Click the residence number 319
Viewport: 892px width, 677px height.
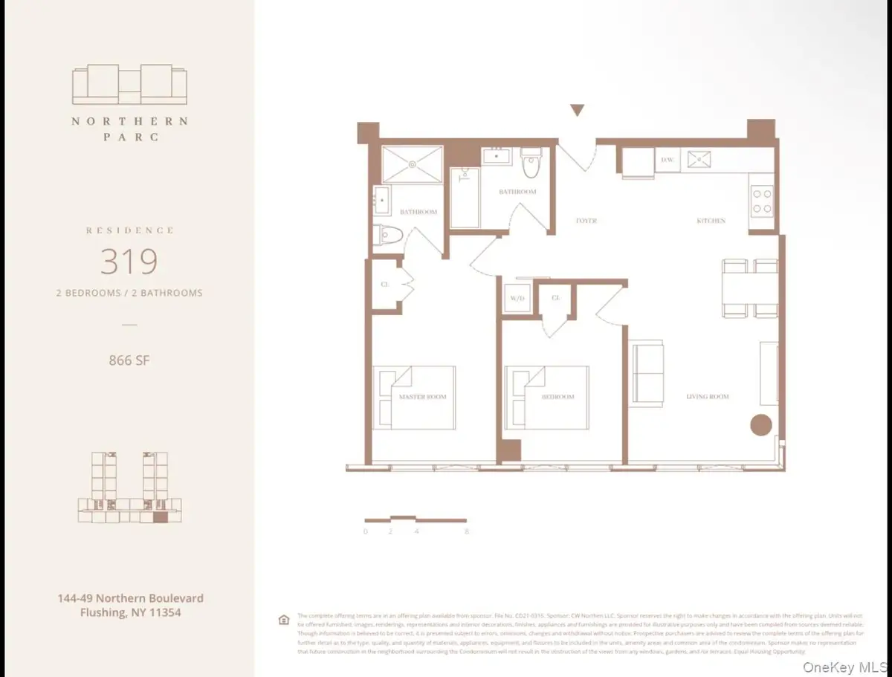pyautogui.click(x=129, y=261)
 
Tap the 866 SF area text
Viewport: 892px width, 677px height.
pyautogui.click(x=129, y=361)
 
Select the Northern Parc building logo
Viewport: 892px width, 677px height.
pyautogui.click(x=129, y=85)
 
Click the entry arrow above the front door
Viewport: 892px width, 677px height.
pyautogui.click(x=577, y=111)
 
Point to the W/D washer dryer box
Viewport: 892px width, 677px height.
pyautogui.click(x=517, y=299)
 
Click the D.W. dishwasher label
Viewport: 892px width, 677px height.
pyautogui.click(x=667, y=160)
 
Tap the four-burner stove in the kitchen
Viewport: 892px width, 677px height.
pyautogui.click(x=763, y=199)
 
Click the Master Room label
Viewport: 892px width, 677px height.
pyautogui.click(x=422, y=397)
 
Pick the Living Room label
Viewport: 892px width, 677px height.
pyautogui.click(x=707, y=397)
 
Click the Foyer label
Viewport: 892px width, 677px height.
pyautogui.click(x=586, y=221)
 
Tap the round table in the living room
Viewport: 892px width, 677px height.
pyautogui.click(x=760, y=425)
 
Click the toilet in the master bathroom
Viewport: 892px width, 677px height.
pyautogui.click(x=388, y=235)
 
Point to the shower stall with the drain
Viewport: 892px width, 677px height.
pyautogui.click(x=412, y=164)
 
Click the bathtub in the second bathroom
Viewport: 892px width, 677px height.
pyautogui.click(x=464, y=198)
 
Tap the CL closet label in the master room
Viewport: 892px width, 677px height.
pyautogui.click(x=384, y=284)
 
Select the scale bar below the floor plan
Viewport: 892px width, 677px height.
pyautogui.click(x=415, y=520)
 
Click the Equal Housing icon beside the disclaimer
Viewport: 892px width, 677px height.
pyautogui.click(x=282, y=620)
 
